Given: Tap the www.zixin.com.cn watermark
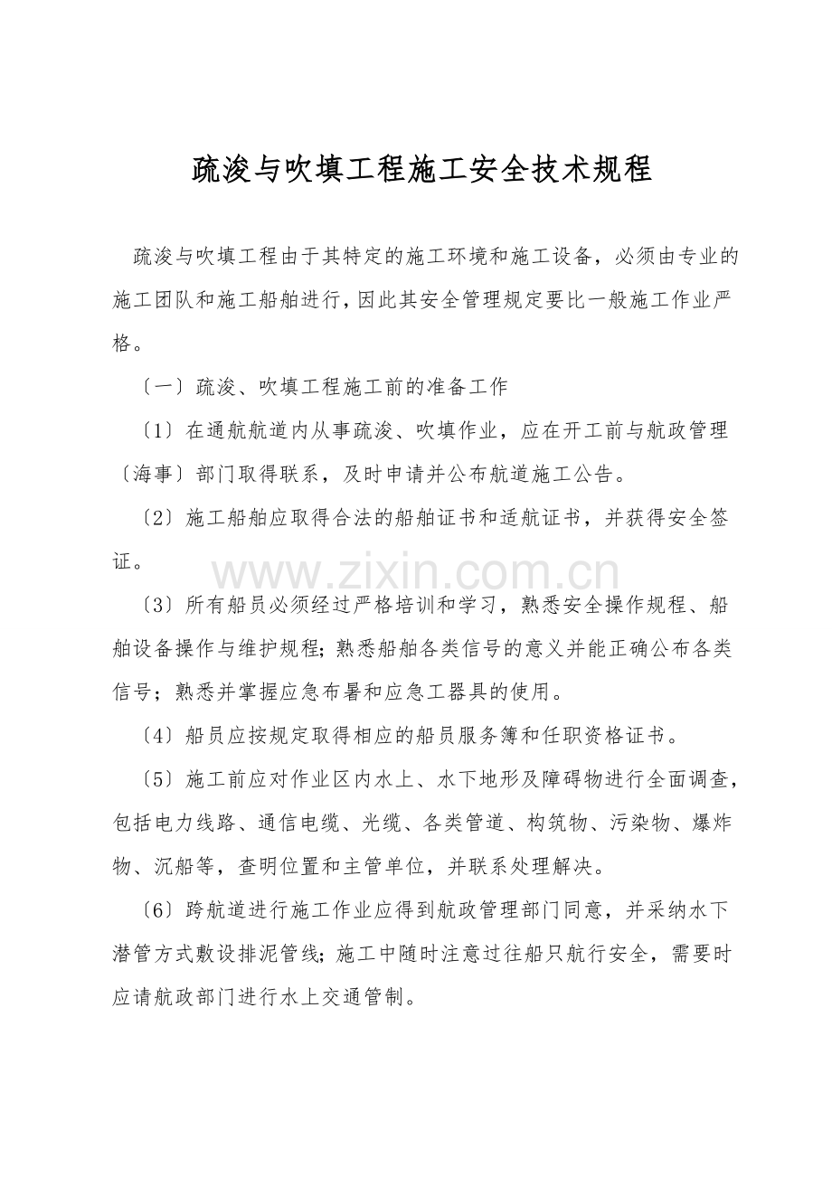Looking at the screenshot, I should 416,574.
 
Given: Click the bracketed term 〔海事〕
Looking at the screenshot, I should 146,474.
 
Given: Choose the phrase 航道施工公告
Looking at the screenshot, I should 550,474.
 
